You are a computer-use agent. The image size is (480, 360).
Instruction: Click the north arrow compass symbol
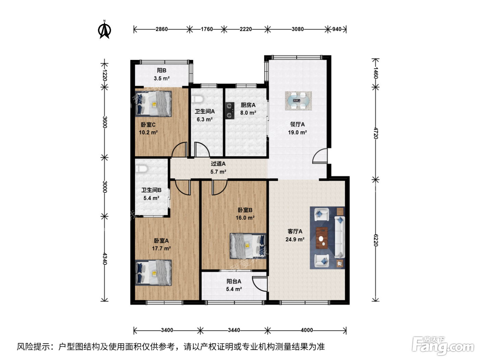(104, 29)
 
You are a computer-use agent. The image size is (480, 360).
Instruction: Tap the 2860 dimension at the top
(161, 29)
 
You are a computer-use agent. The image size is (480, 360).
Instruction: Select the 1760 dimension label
(207, 29)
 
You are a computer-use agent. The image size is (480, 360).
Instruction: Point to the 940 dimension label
(337, 29)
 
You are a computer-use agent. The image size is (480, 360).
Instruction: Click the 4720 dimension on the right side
(375, 133)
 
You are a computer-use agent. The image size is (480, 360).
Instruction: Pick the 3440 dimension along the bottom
(234, 330)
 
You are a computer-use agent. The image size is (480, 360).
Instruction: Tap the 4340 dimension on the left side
(105, 259)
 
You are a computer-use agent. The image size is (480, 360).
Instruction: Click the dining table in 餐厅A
(298, 101)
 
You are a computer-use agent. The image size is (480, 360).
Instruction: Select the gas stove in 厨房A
(229, 111)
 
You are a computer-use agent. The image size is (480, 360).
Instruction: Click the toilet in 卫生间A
(197, 99)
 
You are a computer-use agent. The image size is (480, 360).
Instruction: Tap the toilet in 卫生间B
(142, 169)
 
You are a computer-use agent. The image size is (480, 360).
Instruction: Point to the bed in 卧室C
(153, 104)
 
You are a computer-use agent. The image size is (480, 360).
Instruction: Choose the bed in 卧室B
(248, 246)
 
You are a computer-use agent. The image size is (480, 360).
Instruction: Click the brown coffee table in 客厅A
(322, 238)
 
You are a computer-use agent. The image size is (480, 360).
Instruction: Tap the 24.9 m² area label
(295, 239)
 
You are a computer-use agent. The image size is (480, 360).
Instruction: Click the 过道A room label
(218, 164)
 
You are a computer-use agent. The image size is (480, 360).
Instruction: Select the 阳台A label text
(234, 281)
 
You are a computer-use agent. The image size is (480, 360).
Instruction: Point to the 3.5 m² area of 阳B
(161, 78)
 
